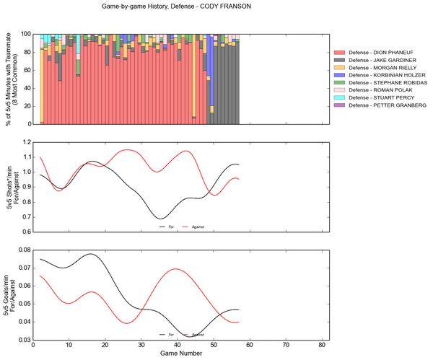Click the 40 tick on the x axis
178,346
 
